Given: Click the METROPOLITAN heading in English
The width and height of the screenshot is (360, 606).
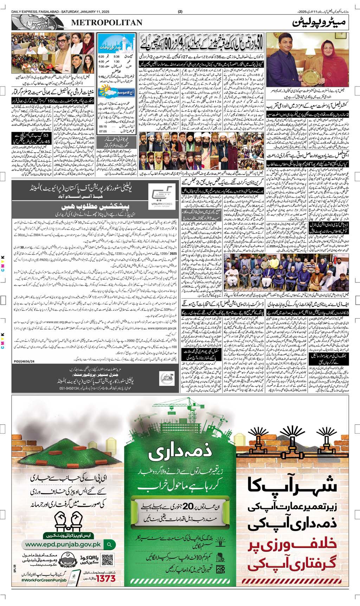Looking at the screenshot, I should point(107,23).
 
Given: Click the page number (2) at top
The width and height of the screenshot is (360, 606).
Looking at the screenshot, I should point(180,11).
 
